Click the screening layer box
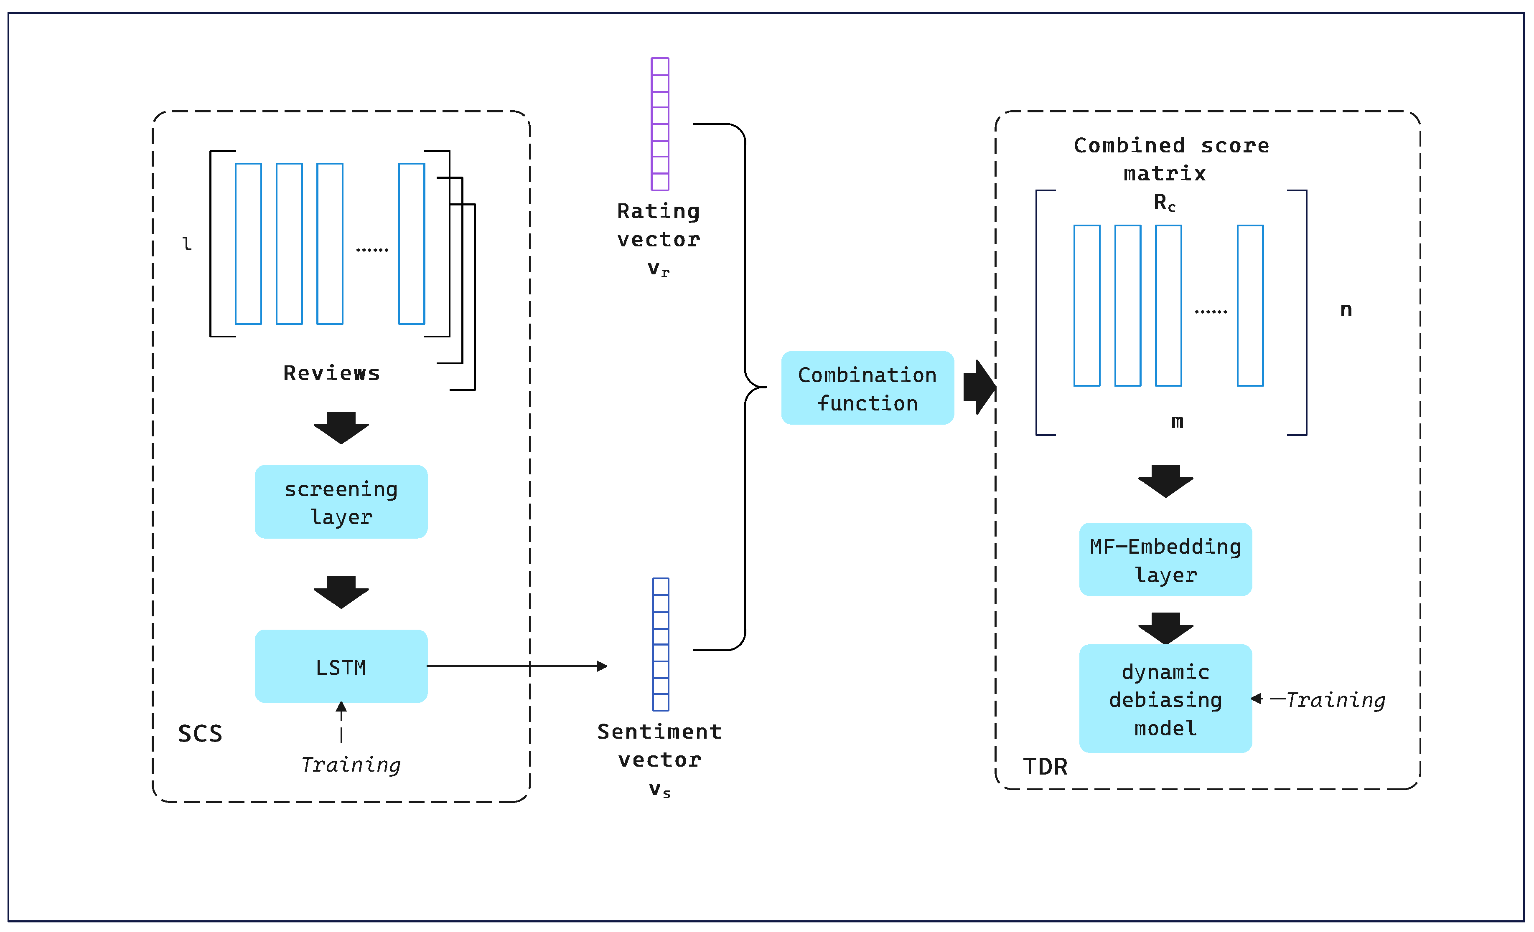pyautogui.click(x=341, y=501)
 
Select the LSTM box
pyautogui.click(x=341, y=666)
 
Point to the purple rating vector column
pyautogui.click(x=659, y=124)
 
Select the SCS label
pyautogui.click(x=200, y=734)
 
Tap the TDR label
pyautogui.click(x=1045, y=767)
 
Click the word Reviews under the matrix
pyautogui.click(x=331, y=373)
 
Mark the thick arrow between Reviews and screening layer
pyautogui.click(x=341, y=427)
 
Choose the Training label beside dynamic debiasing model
pyautogui.click(x=1336, y=699)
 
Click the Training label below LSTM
pyautogui.click(x=351, y=764)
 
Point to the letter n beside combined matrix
pyautogui.click(x=1346, y=309)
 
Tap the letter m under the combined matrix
pyautogui.click(x=1177, y=421)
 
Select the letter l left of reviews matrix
pyautogui.click(x=186, y=243)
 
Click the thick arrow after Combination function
pyautogui.click(x=979, y=387)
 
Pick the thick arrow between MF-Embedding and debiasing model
pyautogui.click(x=1165, y=627)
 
